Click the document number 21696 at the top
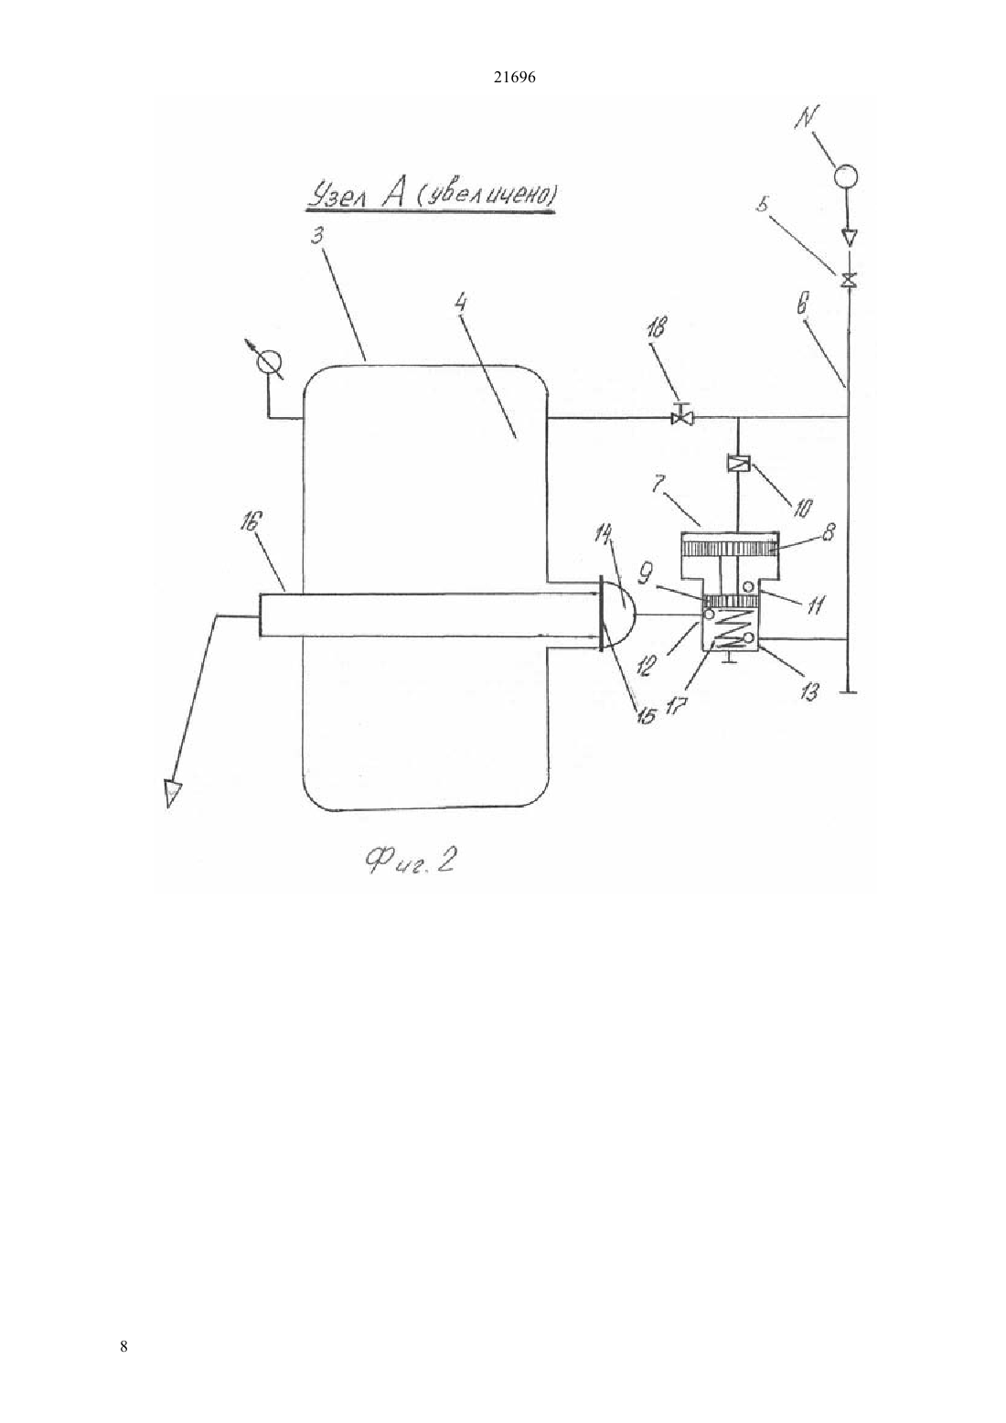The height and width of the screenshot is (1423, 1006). click(x=514, y=78)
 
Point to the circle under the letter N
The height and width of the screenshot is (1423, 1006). click(x=845, y=176)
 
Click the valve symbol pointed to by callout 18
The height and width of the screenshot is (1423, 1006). click(x=683, y=416)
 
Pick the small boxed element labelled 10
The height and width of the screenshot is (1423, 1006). click(x=737, y=464)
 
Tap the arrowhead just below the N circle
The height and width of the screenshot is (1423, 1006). click(x=847, y=238)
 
